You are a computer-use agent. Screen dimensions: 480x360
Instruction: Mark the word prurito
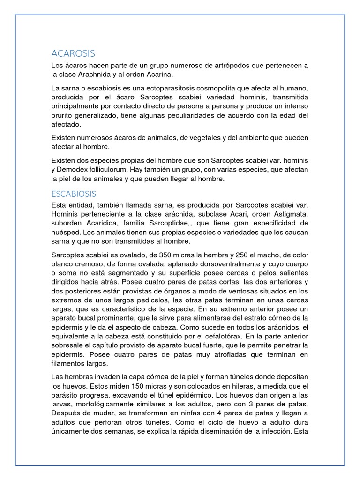pyautogui.click(x=66, y=115)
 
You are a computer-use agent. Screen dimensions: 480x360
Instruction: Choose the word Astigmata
pyautogui.click(x=289, y=214)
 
